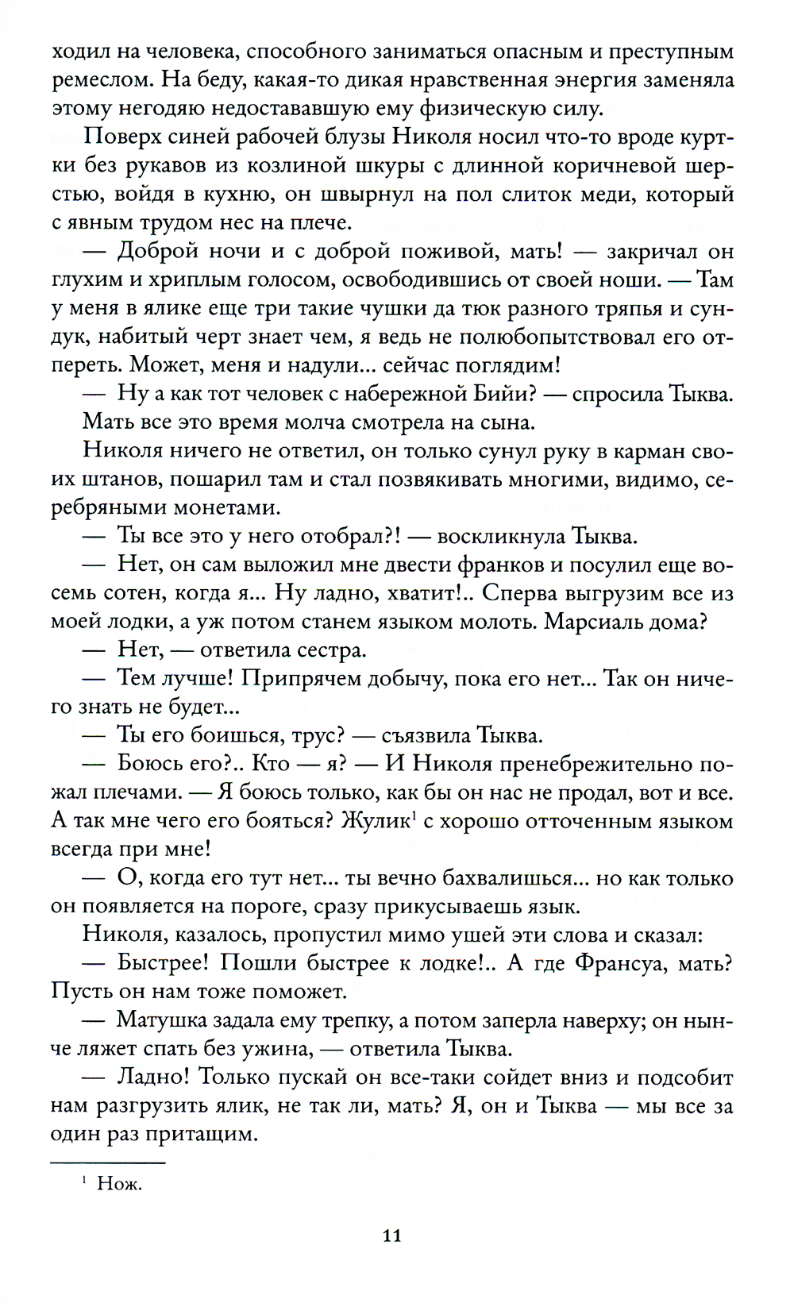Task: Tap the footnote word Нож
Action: tap(119, 1185)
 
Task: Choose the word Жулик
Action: tap(374, 821)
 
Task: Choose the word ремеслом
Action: tap(98, 80)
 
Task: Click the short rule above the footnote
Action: tap(107, 1163)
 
